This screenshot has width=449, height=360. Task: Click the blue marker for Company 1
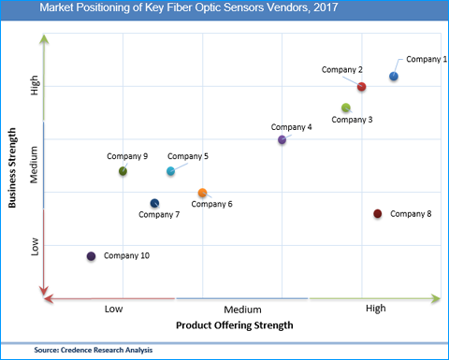(394, 77)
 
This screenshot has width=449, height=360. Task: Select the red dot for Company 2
(362, 87)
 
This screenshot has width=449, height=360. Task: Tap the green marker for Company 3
(346, 108)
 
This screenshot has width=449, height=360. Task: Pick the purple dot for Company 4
(282, 140)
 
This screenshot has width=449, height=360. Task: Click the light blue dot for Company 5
(170, 171)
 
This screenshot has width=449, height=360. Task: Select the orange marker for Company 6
(202, 194)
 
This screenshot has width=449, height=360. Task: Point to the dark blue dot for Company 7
(154, 204)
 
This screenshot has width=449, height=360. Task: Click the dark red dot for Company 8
(378, 214)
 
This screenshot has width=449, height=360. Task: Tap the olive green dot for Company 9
(123, 171)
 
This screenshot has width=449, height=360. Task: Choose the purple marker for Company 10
(91, 256)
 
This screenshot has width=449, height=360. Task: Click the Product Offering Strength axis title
(234, 326)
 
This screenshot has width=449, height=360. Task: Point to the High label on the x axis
(375, 309)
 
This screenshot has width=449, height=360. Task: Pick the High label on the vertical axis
(35, 86)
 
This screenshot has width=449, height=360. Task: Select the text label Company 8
(411, 214)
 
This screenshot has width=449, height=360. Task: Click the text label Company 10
(126, 255)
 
